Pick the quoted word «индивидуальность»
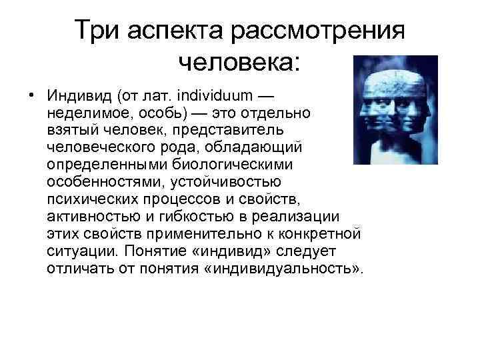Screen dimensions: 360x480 click(x=301, y=269)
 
